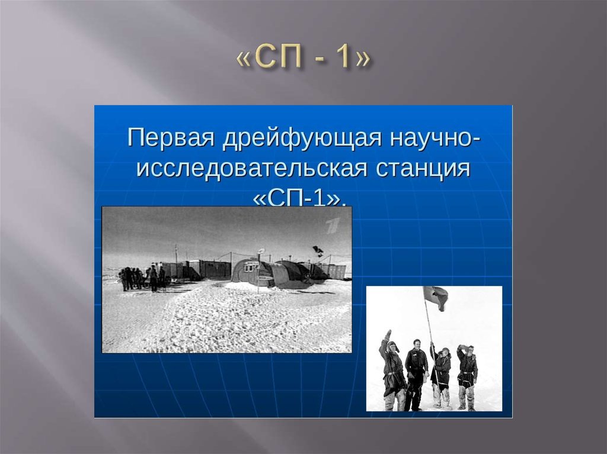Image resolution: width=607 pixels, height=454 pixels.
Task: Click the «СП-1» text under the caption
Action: [x=299, y=198]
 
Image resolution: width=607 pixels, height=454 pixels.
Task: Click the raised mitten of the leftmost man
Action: [x=388, y=334]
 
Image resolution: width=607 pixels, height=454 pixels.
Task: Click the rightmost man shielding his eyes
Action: [x=467, y=370]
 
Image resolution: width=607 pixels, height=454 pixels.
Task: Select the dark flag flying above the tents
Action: [x=319, y=250]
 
